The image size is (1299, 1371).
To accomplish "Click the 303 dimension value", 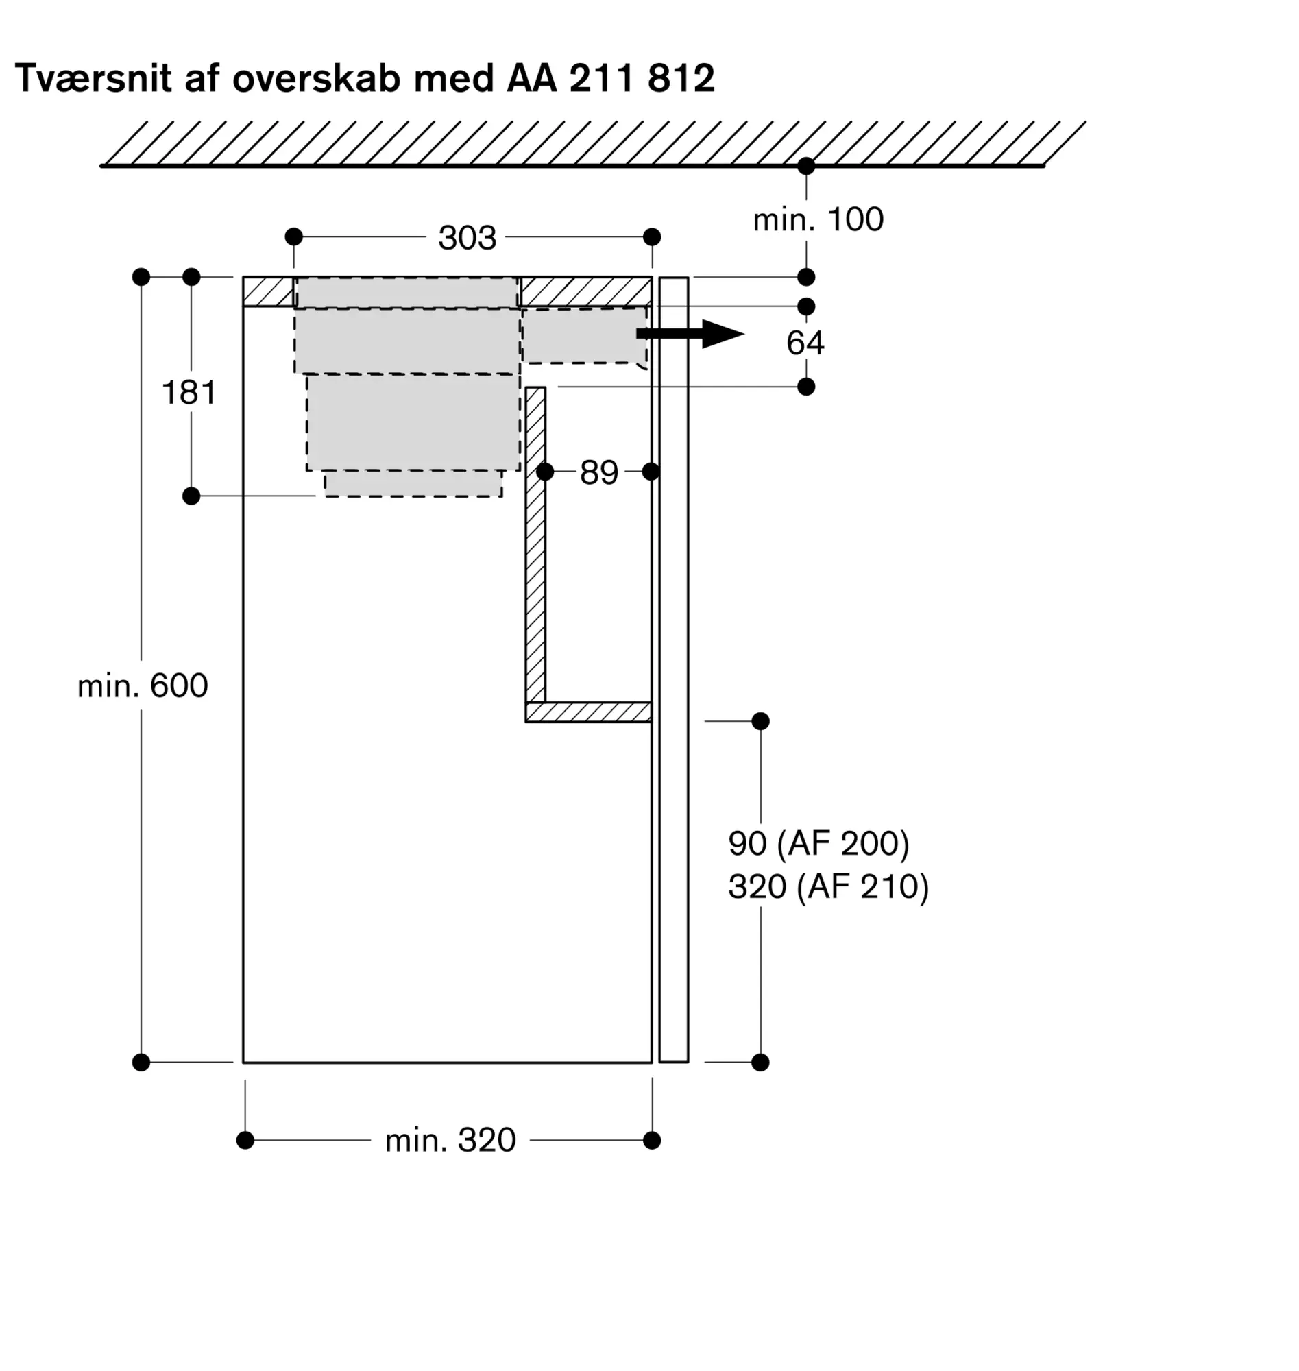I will click(467, 238).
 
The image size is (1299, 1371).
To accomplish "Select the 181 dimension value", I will click(189, 393).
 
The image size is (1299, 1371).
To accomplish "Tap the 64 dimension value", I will click(805, 343).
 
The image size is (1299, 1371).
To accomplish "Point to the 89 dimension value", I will click(598, 472).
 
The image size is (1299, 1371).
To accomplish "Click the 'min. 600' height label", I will click(143, 685).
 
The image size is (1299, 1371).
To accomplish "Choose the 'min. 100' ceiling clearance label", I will click(818, 219).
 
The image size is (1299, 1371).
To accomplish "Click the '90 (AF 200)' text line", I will click(818, 842).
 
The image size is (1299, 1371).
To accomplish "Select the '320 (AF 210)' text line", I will click(828, 886).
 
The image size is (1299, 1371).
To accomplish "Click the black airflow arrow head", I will click(722, 334).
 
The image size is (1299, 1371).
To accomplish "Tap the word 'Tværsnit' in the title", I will click(93, 78).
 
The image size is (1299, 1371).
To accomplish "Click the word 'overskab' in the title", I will click(317, 78).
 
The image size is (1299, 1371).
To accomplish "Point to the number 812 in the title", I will click(681, 78).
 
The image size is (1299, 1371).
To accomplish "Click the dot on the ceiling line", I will click(806, 166).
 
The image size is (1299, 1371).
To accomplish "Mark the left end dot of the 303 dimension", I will click(293, 236).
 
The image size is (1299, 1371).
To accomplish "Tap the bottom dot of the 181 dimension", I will click(191, 496).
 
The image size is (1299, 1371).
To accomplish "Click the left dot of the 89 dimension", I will click(545, 472).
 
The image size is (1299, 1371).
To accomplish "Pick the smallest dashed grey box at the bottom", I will click(413, 483).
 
